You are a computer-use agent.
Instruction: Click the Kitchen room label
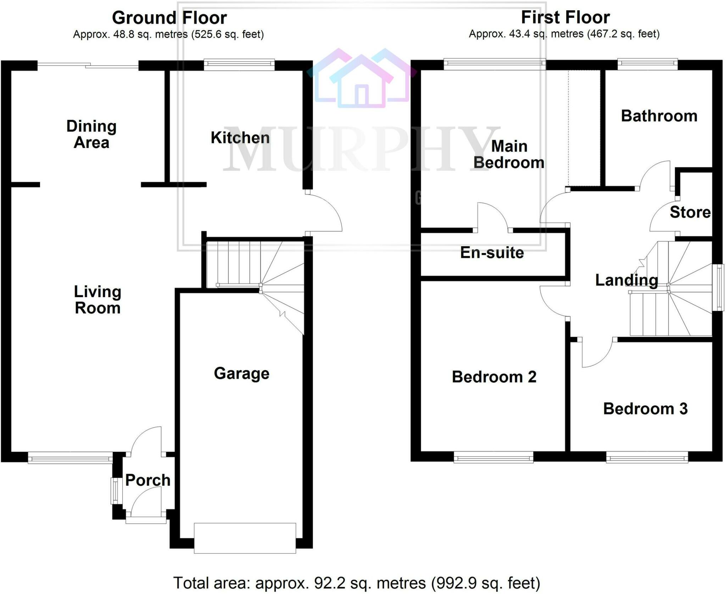click(x=240, y=138)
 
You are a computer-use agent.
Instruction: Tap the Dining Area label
click(x=91, y=134)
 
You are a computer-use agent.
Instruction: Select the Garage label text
click(x=241, y=373)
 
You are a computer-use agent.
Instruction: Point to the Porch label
click(x=148, y=480)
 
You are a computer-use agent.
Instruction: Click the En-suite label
click(x=492, y=253)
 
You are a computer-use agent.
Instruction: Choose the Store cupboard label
click(x=690, y=212)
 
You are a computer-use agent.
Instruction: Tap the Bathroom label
click(x=659, y=116)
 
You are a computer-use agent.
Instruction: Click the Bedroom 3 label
click(x=645, y=409)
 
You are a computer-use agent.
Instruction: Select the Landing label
click(x=626, y=280)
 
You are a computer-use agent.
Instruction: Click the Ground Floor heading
click(x=169, y=18)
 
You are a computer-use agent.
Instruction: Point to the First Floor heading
click(x=565, y=17)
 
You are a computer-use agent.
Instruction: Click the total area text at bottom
click(x=356, y=583)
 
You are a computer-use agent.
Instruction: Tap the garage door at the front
click(x=245, y=538)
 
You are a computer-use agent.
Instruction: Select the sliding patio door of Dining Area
click(x=88, y=65)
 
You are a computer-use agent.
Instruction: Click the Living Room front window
click(x=70, y=458)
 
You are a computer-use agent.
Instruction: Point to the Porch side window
click(x=115, y=491)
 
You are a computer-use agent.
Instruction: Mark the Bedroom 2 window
click(x=493, y=457)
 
